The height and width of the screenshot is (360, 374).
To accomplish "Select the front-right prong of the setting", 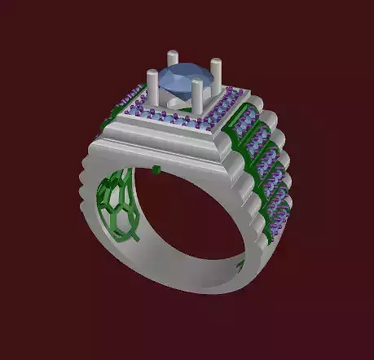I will point(198,96).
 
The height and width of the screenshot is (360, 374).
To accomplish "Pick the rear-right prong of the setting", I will point(216,72).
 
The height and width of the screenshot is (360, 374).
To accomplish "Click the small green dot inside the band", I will point(156,170).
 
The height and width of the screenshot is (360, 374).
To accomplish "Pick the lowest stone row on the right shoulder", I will point(278,208).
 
